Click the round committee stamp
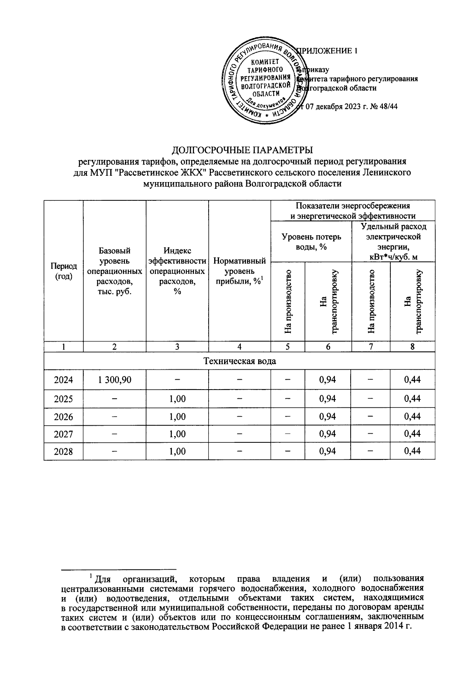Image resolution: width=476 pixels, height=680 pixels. (x=265, y=82)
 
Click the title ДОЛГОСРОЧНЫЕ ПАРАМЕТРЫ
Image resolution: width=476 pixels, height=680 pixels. (x=242, y=150)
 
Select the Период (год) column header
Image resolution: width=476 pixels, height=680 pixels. (x=63, y=271)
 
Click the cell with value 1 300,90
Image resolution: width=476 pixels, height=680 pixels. (x=115, y=380)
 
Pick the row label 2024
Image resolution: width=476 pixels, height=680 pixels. (x=63, y=380)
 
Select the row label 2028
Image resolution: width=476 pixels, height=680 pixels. (x=63, y=451)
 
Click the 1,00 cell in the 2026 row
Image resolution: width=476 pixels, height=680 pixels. (x=177, y=417)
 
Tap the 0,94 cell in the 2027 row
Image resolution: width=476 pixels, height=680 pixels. (x=328, y=434)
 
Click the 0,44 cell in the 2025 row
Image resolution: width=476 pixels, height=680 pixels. (x=413, y=399)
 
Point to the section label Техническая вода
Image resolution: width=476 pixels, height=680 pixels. (x=240, y=361)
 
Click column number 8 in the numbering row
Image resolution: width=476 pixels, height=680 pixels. (x=413, y=347)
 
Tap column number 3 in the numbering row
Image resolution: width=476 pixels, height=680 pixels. (x=177, y=347)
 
